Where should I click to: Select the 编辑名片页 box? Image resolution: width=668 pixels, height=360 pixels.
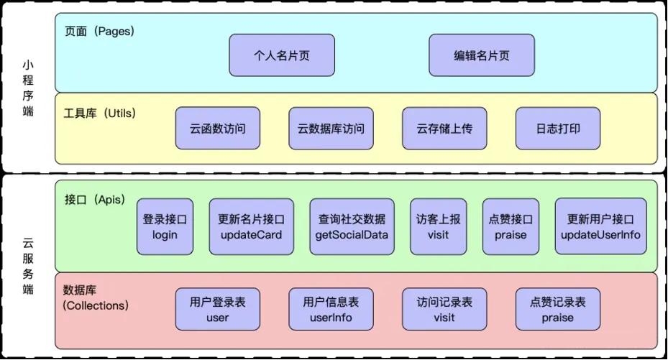pos(482,55)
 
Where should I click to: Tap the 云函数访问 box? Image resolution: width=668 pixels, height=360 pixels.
pos(218,129)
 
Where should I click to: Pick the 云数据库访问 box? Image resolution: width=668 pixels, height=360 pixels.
pos(331,129)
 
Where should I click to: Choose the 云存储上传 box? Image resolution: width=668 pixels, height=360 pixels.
pos(444,129)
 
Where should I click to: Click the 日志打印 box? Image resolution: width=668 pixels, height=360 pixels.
pos(558,129)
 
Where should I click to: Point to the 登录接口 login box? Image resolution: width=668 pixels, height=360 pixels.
pos(165,226)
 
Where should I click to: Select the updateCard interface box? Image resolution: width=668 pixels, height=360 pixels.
pos(251,226)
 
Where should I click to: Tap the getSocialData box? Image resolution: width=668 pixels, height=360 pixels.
pos(352,226)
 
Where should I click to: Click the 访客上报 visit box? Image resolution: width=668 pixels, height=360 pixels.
pos(438,226)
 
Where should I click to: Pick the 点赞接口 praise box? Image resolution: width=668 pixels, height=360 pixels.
pos(511,226)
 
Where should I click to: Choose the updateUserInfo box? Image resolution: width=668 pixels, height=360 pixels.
pos(600,226)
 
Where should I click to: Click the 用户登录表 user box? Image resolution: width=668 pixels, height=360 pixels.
pos(218,310)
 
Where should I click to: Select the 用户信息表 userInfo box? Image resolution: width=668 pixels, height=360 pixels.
pos(331,310)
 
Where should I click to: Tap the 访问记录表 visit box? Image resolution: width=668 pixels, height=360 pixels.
pos(444,310)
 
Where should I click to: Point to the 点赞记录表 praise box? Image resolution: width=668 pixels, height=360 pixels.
pos(558,310)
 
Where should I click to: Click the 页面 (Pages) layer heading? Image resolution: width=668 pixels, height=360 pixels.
pos(99,32)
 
